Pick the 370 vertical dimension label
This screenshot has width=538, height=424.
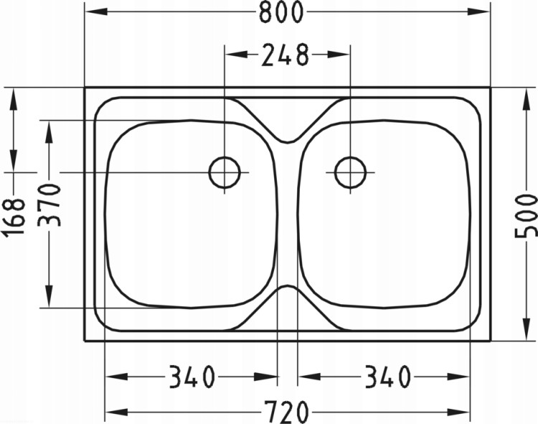click(49, 204)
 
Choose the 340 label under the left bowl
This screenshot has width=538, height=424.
click(192, 376)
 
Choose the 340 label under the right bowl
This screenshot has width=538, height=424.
click(387, 376)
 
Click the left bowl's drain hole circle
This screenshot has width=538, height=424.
click(225, 172)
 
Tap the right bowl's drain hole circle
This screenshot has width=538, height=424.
click(350, 172)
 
